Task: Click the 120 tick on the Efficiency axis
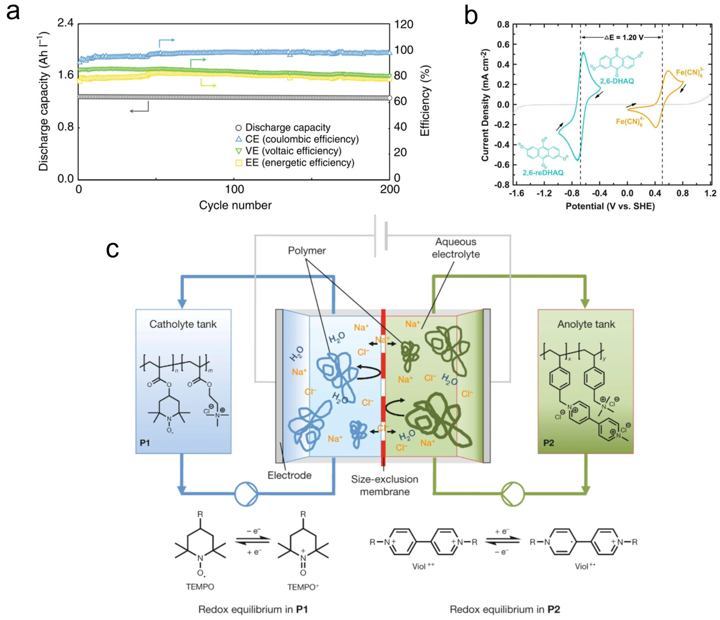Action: coord(404,24)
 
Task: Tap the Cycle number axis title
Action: coord(235,205)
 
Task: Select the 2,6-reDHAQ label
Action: coord(543,172)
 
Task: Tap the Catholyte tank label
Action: coord(183,324)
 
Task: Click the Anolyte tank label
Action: coord(586,324)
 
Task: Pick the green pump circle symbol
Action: coord(513,493)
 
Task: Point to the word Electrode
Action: coord(289,475)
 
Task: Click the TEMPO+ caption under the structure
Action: coord(303,587)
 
